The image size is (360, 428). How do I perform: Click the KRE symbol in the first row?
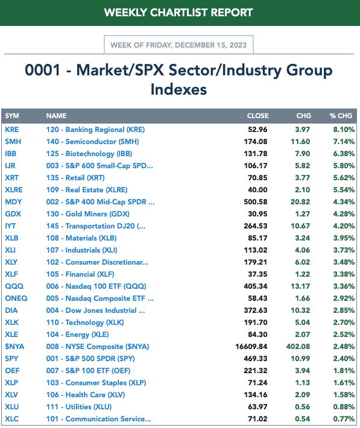point(11,130)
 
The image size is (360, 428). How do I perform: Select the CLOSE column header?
point(257,116)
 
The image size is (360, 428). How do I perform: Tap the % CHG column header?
point(341,116)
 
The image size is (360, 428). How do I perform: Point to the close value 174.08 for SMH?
point(256,142)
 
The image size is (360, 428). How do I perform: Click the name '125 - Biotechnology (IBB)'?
point(89,154)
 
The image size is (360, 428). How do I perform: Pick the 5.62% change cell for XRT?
point(344,178)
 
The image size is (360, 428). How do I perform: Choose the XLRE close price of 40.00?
point(257,190)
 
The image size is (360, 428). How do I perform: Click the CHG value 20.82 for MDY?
point(300,202)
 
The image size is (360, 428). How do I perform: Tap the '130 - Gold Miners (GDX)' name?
point(87,214)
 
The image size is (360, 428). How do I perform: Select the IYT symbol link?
point(10,226)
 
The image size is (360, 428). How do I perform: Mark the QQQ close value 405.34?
point(256,286)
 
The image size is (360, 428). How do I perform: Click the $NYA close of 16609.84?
point(251,347)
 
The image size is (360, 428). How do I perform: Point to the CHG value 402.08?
point(298,347)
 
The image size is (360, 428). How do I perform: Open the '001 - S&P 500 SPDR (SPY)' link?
point(90,359)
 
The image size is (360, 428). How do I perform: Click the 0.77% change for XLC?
point(344,419)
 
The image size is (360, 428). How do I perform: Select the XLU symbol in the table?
point(11,407)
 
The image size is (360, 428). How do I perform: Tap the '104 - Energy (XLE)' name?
point(77,335)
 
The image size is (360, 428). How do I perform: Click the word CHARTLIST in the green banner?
point(178,13)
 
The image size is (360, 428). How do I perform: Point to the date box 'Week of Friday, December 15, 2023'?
point(178,45)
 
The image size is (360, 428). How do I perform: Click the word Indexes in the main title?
point(178,90)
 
